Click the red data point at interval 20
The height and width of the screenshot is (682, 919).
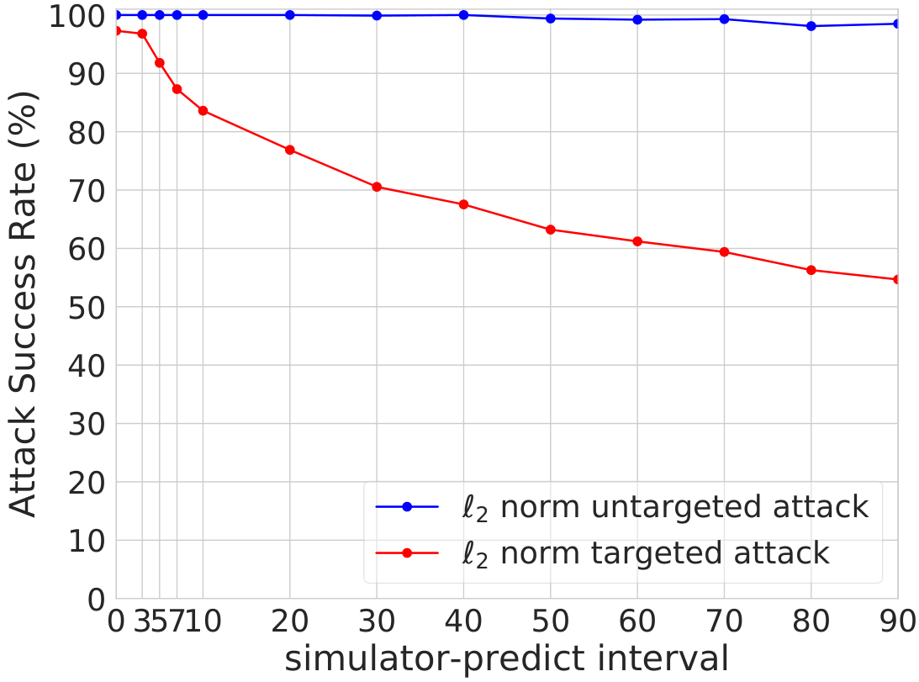pyautogui.click(x=289, y=151)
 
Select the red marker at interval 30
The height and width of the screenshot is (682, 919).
pyautogui.click(x=377, y=187)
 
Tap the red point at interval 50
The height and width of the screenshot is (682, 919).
pyautogui.click(x=551, y=230)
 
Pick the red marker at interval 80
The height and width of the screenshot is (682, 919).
pyautogui.click(x=811, y=270)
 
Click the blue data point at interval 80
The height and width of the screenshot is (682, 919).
pyautogui.click(x=811, y=26)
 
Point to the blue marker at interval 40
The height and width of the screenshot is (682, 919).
pyautogui.click(x=463, y=15)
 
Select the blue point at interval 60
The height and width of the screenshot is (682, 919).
pyautogui.click(x=637, y=20)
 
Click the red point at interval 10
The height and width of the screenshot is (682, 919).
pyautogui.click(x=203, y=111)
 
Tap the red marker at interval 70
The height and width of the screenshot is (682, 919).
pyautogui.click(x=725, y=252)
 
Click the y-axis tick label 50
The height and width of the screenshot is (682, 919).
pyautogui.click(x=87, y=308)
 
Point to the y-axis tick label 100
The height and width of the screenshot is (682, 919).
pyautogui.click(x=77, y=17)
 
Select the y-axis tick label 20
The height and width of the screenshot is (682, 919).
pyautogui.click(x=87, y=484)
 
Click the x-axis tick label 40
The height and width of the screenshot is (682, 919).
pyautogui.click(x=463, y=621)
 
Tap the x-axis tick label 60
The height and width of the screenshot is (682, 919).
pyautogui.click(x=637, y=621)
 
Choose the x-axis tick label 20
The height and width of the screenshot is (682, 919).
pyautogui.click(x=289, y=621)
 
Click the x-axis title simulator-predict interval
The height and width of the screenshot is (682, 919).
pyautogui.click(x=507, y=658)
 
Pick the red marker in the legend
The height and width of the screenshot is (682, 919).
pyautogui.click(x=407, y=553)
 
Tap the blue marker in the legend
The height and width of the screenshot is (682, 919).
pyautogui.click(x=407, y=506)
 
